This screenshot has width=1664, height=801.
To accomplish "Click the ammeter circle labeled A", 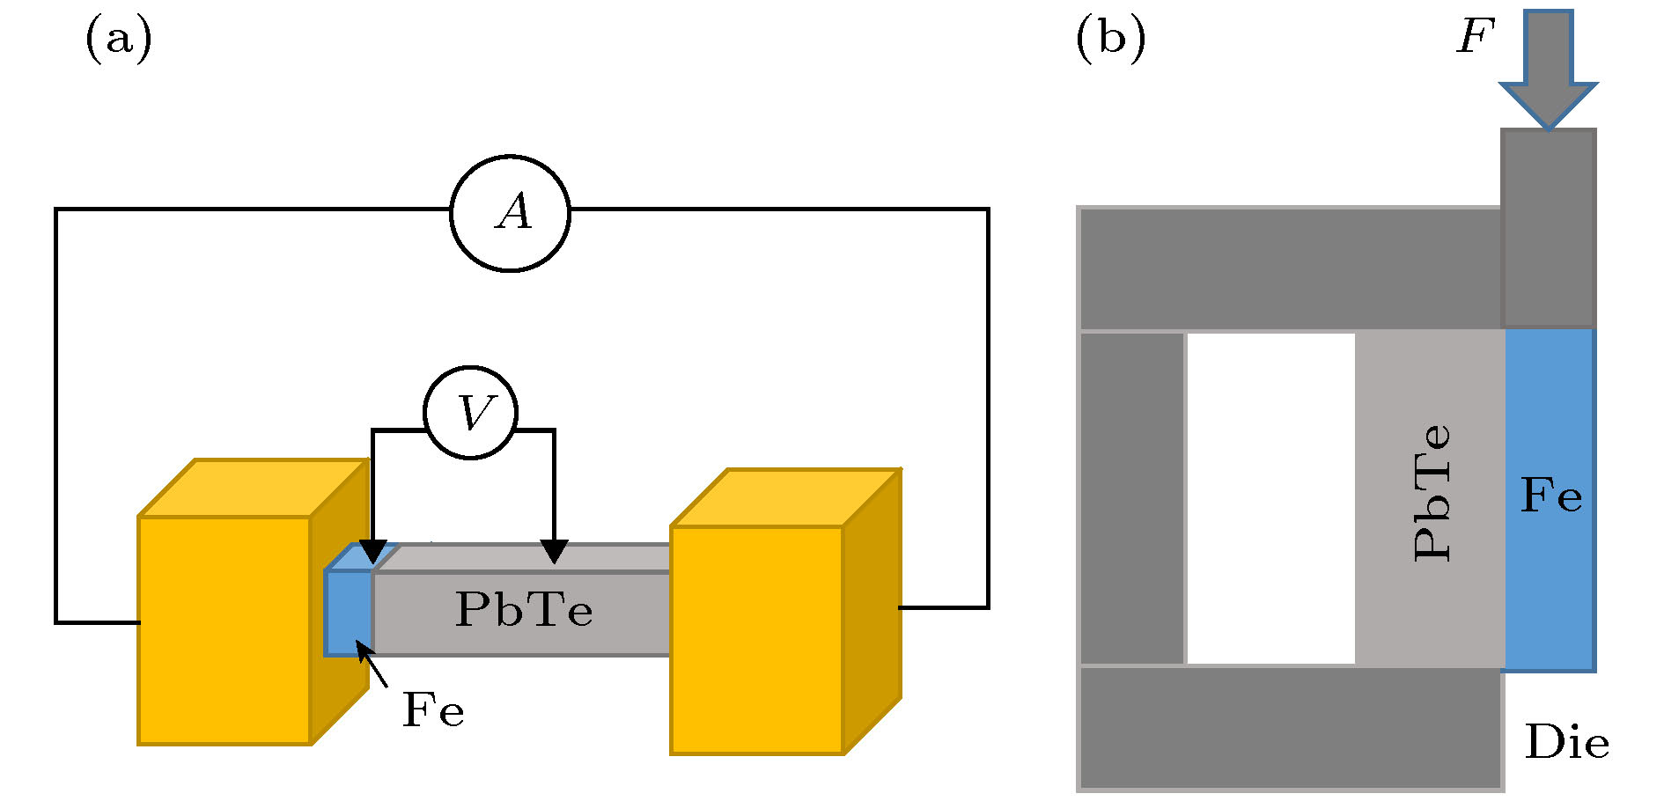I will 511,214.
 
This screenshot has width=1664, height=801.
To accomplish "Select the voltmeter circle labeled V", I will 471,413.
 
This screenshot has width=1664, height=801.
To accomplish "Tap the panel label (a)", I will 118,40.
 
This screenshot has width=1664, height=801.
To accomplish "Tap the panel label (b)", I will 1111,40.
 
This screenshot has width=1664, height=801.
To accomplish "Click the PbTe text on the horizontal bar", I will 524,609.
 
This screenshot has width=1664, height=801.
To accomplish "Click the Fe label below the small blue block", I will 433,710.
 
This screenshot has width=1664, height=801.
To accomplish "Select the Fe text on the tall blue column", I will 1551,496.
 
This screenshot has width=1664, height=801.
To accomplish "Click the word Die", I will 1567,743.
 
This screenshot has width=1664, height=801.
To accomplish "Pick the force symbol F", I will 1476,37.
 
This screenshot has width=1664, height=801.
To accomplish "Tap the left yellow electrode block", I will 225,629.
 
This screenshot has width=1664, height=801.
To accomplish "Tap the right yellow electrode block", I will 757,640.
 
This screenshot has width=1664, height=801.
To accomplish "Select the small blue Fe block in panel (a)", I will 349,613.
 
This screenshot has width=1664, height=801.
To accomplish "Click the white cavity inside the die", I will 1270,498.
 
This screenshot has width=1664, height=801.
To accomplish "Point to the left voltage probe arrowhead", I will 373,552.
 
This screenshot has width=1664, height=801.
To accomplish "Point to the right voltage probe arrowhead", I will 554,551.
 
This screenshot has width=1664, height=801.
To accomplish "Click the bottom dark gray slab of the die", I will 1291,728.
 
